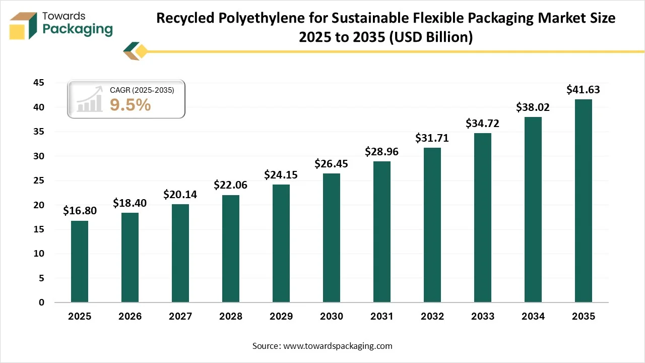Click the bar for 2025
pos(80,262)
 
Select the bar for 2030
pos(332,238)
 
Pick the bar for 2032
pos(432,225)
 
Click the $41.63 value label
pos(583,90)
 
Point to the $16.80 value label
pos(80,211)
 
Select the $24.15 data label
pos(281,175)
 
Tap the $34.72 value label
pos(482,123)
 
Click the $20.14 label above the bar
pos(180,194)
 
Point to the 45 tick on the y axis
pos(39,83)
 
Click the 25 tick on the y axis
pos(39,180)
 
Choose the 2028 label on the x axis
pos(230,317)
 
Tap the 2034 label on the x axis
pos(533,317)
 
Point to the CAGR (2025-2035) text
pos(142,90)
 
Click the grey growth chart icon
pos(90,100)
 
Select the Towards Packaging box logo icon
pos(23,25)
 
